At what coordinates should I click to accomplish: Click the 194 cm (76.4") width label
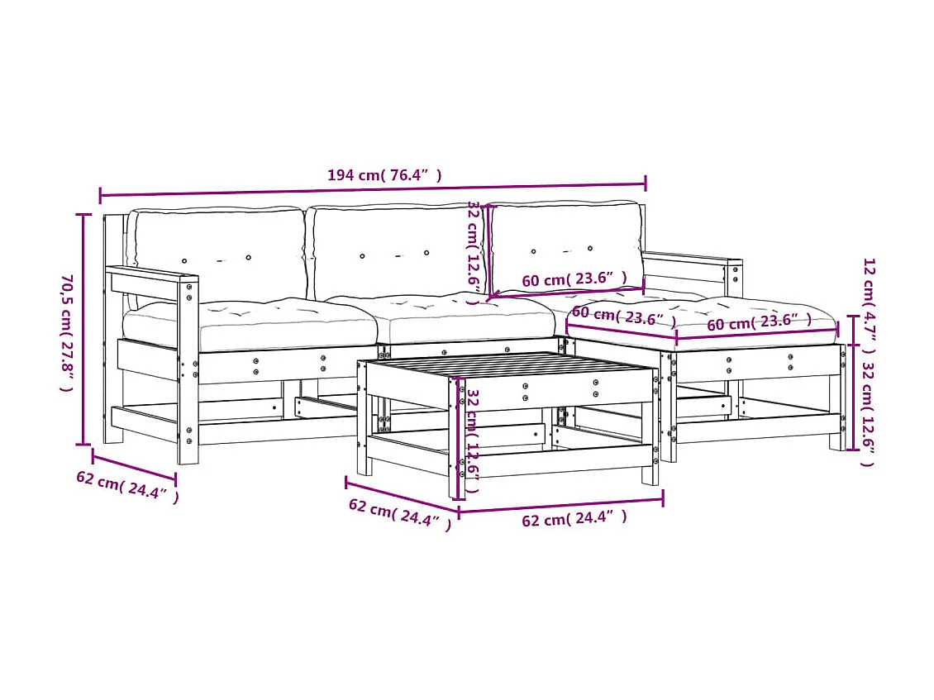click(384, 175)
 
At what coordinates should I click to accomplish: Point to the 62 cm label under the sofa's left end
click(126, 487)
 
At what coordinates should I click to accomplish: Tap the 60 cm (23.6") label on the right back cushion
click(574, 280)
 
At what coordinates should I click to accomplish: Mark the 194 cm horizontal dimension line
click(372, 190)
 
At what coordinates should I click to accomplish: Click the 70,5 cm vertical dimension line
click(83, 329)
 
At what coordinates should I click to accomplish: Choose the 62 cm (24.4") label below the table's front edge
click(574, 519)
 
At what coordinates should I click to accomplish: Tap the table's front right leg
click(650, 463)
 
